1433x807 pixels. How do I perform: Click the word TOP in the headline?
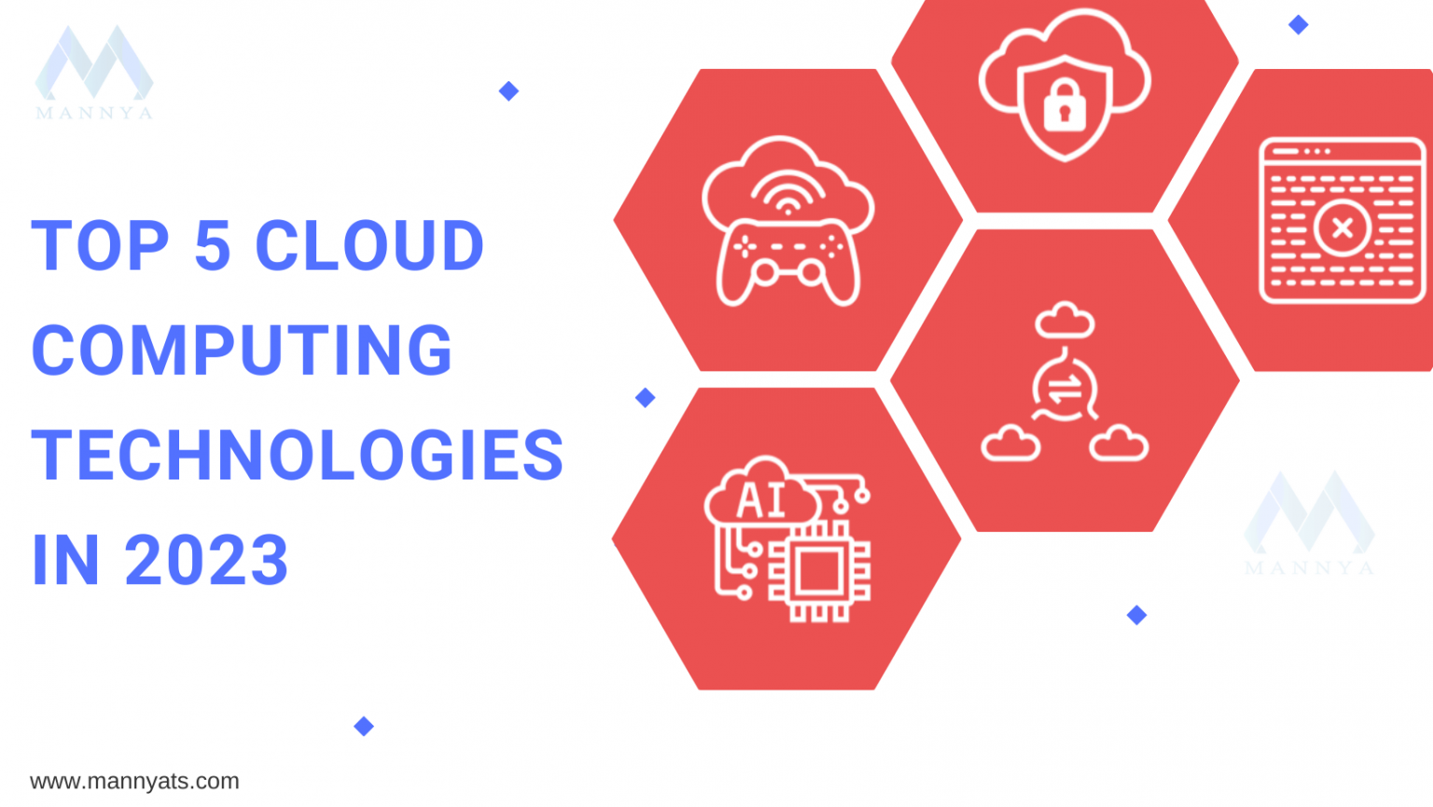point(100,245)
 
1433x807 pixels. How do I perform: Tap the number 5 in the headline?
point(213,245)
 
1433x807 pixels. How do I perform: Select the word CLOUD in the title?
point(369,245)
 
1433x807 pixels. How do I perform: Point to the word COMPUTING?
point(242,350)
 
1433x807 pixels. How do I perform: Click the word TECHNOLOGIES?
point(298,454)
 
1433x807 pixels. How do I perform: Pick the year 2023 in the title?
point(206,560)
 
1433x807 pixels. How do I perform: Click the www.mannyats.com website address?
point(134,782)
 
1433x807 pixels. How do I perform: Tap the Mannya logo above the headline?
point(94,72)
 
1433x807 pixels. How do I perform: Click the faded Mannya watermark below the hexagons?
point(1309,522)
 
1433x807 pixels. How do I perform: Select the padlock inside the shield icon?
point(1064,104)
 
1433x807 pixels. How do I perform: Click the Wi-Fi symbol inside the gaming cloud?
point(787,192)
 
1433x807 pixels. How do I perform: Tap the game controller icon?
point(787,262)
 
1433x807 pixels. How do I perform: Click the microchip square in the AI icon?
point(819,571)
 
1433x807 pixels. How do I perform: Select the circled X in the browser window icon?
point(1343,228)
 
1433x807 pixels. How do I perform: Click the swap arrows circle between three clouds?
point(1064,388)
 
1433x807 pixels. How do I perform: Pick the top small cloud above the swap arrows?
point(1064,319)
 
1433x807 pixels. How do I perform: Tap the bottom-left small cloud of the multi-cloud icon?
point(1010,442)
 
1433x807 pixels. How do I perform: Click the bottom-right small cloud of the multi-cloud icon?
point(1119,442)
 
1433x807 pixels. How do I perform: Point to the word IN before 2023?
point(65,560)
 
